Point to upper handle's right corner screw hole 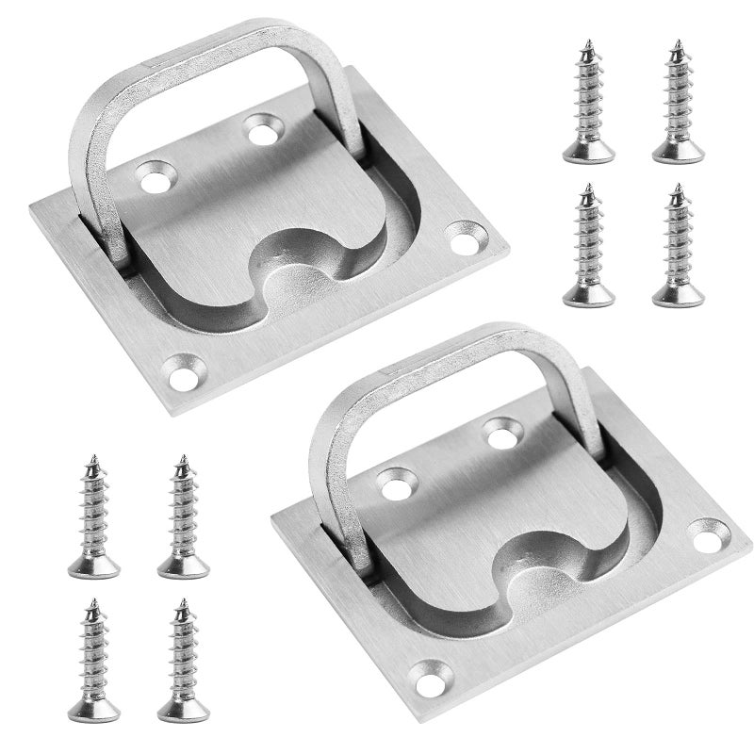464,238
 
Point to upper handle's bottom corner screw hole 187,369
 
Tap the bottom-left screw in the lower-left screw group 93,660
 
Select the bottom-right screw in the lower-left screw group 183,660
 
